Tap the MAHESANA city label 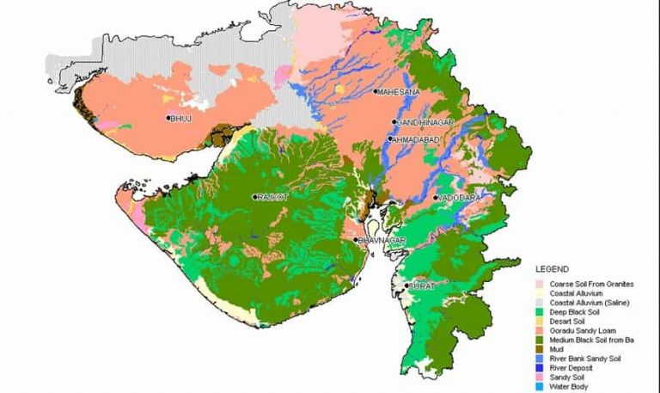[x=398, y=91]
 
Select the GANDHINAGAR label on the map [x=421, y=123]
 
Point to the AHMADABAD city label [x=417, y=138]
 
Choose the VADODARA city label [x=457, y=198]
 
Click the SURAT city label [x=423, y=285]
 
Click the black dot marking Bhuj [x=168, y=118]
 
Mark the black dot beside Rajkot [x=254, y=197]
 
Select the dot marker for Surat [x=406, y=285]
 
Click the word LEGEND [x=551, y=268]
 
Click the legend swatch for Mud [x=540, y=349]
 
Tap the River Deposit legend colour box [x=540, y=367]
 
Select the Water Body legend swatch [x=540, y=385]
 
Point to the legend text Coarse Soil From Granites [x=591, y=284]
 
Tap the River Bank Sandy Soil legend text [x=585, y=359]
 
